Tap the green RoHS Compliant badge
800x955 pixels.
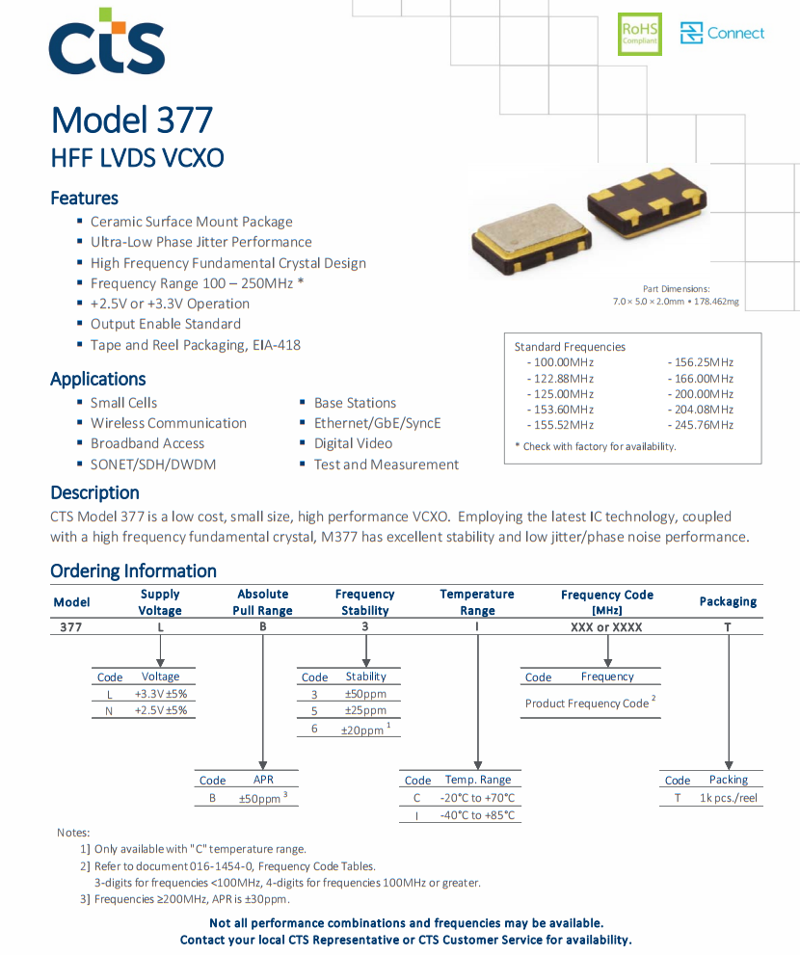tap(640, 34)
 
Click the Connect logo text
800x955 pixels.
tap(735, 34)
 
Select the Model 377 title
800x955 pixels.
tap(132, 120)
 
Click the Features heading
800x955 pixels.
tap(84, 198)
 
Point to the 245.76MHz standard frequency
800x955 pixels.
tap(701, 425)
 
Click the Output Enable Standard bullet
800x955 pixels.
tap(165, 324)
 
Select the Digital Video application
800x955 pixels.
tap(353, 443)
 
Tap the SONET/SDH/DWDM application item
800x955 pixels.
tap(152, 464)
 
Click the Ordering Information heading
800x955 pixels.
tap(133, 570)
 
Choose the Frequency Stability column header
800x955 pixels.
tap(364, 602)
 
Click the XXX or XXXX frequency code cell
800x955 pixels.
tap(606, 627)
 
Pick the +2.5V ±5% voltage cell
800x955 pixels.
tap(160, 710)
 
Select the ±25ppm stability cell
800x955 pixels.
tap(365, 711)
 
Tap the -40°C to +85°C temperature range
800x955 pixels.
tap(477, 815)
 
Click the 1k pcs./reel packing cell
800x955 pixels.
tap(728, 798)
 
